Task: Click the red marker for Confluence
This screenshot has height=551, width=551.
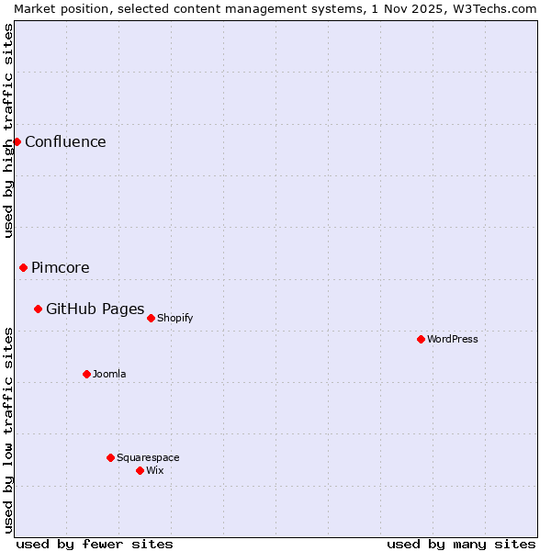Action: click(17, 141)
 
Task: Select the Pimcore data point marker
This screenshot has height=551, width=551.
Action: click(23, 267)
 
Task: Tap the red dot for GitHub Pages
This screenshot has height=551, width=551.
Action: click(38, 309)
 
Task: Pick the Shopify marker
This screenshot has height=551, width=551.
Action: click(151, 318)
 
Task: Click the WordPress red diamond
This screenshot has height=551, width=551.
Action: click(421, 339)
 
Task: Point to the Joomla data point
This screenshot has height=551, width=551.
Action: click(86, 374)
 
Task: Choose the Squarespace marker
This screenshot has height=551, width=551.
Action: click(110, 457)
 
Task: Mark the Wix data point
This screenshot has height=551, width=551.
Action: click(140, 470)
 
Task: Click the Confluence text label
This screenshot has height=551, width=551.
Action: click(65, 141)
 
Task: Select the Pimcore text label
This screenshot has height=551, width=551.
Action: click(61, 267)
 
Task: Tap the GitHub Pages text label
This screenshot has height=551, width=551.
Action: click(95, 309)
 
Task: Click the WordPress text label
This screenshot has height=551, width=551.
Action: click(453, 339)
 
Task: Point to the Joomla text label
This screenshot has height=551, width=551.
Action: click(109, 374)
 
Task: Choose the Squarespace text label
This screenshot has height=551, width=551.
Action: click(148, 457)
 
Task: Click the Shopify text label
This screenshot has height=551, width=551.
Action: click(174, 318)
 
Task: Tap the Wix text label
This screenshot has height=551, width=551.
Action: click(155, 470)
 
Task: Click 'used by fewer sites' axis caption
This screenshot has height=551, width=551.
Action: click(95, 544)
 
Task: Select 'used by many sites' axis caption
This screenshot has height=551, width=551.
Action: click(461, 544)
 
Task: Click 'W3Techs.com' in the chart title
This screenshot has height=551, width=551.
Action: click(495, 8)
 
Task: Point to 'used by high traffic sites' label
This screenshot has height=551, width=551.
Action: click(8, 130)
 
